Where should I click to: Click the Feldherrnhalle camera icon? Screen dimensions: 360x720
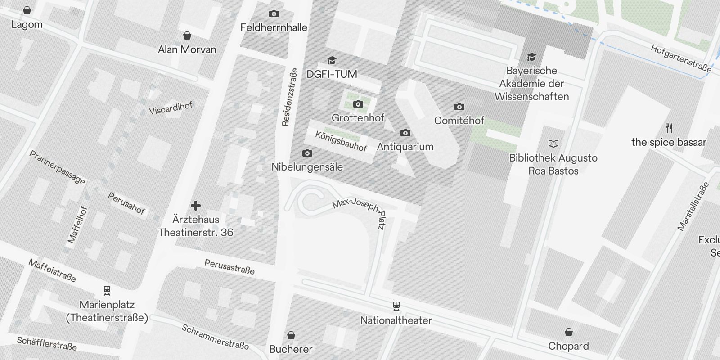click(274, 14)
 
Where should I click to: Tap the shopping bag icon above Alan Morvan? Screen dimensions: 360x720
click(187, 36)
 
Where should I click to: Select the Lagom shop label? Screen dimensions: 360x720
click(27, 24)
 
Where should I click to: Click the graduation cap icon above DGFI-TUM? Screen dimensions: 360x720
click(332, 60)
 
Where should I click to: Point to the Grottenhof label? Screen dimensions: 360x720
click(358, 118)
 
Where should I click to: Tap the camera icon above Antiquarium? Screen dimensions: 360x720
click(405, 133)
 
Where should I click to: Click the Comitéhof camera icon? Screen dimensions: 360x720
click(459, 107)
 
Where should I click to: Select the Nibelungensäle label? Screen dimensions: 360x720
click(307, 167)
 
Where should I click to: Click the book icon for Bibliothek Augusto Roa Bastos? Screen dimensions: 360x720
click(553, 144)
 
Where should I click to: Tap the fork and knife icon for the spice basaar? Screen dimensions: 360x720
click(669, 128)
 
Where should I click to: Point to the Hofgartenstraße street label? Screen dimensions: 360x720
click(681, 58)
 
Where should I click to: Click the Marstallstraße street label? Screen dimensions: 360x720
click(693, 206)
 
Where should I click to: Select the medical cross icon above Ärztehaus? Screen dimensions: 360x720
click(195, 206)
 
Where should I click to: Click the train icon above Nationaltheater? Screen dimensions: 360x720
click(396, 306)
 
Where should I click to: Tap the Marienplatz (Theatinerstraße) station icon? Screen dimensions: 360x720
click(107, 290)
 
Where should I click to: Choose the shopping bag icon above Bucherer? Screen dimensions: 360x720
click(291, 335)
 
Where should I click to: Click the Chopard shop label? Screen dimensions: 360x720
click(568, 346)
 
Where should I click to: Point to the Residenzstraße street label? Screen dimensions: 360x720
click(289, 97)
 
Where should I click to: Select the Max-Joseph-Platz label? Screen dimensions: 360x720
click(360, 211)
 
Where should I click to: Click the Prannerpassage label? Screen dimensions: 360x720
click(57, 167)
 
